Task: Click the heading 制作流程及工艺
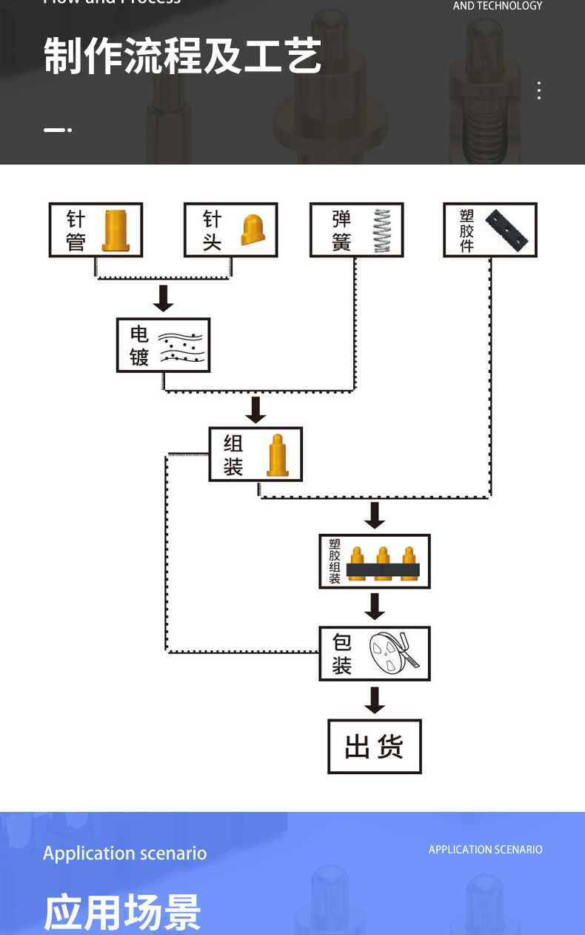(182, 56)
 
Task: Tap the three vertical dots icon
(539, 90)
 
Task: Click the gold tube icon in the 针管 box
(116, 231)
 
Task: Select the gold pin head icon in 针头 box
(253, 230)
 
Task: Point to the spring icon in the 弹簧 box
(381, 231)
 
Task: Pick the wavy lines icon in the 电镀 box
(181, 346)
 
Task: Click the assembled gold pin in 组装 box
(277, 455)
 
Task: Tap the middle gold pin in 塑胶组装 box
(383, 563)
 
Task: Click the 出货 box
(375, 747)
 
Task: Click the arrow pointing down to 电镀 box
(164, 298)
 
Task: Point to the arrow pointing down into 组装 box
(255, 409)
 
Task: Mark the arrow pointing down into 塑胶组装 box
(375, 515)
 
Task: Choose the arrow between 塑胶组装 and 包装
(375, 607)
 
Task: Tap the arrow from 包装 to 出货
(375, 700)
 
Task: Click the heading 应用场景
(122, 911)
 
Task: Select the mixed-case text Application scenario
(124, 853)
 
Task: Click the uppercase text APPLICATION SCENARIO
(485, 850)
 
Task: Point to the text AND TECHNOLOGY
(498, 6)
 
